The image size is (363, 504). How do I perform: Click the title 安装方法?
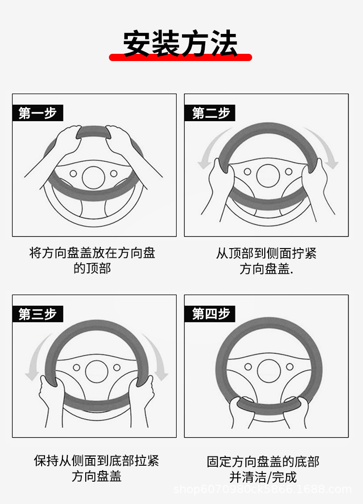181,44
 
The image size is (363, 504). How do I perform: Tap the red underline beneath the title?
181,58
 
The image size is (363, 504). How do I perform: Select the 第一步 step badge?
38,113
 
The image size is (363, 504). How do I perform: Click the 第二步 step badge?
210,113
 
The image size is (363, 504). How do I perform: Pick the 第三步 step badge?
38,314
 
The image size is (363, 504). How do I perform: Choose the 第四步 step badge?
210,314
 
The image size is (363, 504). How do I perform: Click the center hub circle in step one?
93,178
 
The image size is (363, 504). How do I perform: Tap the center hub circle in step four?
269,371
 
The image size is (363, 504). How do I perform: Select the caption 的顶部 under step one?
92,268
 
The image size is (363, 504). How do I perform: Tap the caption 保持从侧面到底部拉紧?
96,460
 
